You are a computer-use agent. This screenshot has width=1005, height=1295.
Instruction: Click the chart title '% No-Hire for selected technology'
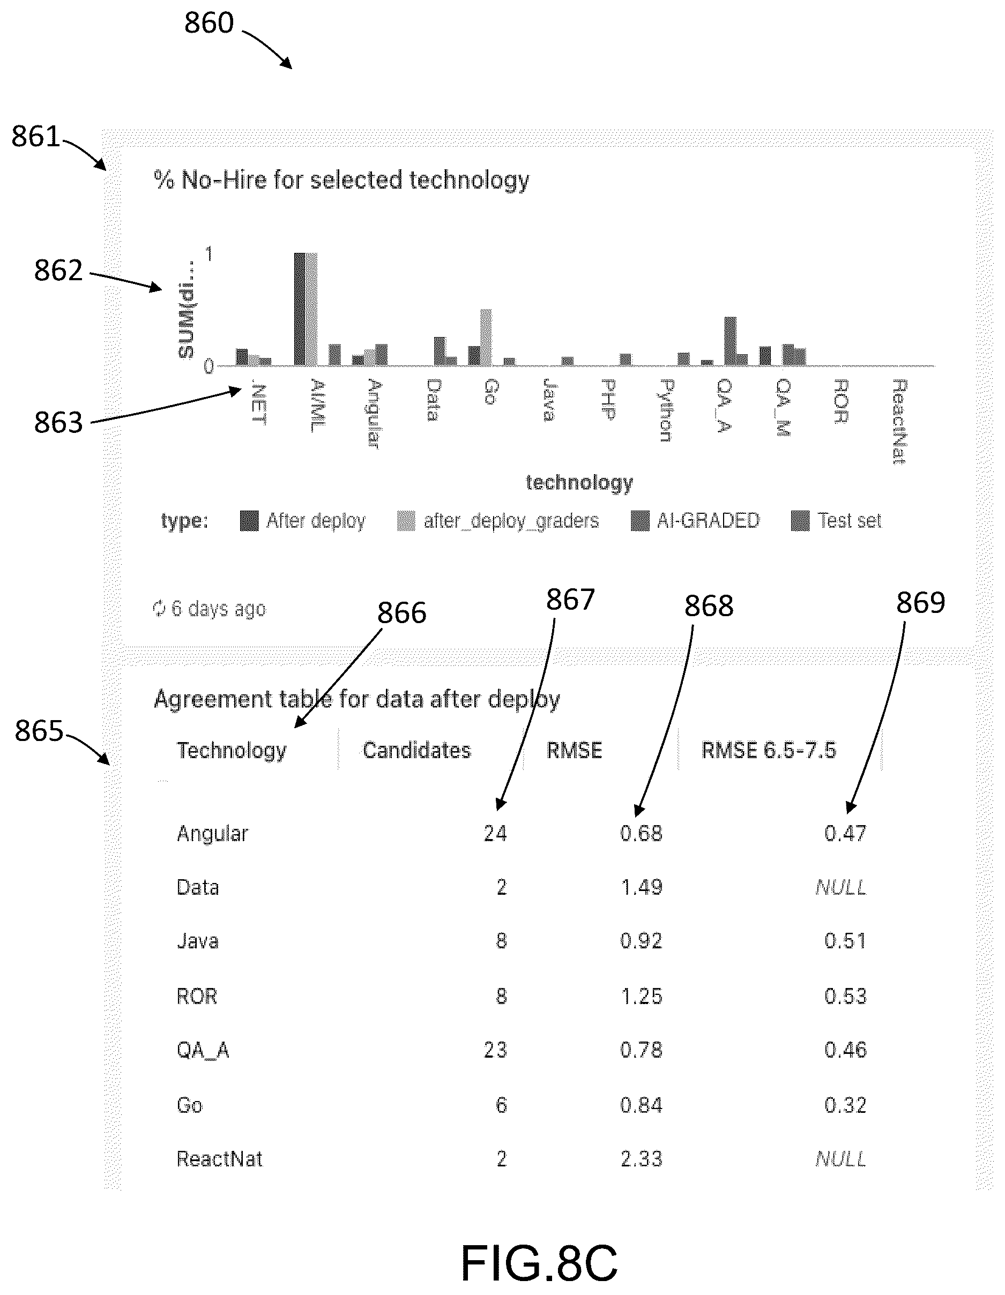(341, 179)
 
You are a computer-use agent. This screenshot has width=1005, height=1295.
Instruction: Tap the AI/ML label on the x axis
(318, 406)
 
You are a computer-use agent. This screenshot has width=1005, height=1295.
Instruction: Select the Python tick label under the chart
(666, 411)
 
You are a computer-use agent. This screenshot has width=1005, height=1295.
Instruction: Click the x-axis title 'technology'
(579, 483)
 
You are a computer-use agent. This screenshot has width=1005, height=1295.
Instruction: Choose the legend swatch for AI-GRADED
(640, 521)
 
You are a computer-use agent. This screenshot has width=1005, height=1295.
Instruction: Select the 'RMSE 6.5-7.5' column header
(769, 750)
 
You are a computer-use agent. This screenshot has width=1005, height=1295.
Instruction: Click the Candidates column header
(416, 750)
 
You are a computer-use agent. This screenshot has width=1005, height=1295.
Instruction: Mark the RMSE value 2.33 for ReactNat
(642, 1158)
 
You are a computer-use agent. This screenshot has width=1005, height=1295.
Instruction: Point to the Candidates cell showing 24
(495, 833)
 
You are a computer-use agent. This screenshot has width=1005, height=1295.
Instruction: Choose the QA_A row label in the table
(203, 1050)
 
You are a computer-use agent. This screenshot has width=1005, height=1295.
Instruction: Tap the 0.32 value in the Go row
(845, 1105)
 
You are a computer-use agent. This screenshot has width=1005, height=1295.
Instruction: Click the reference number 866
(402, 612)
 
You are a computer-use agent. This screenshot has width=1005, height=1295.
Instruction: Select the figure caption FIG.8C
(539, 1263)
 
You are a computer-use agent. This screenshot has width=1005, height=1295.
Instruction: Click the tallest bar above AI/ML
(300, 309)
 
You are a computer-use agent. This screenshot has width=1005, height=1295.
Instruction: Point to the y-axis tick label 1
(209, 254)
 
